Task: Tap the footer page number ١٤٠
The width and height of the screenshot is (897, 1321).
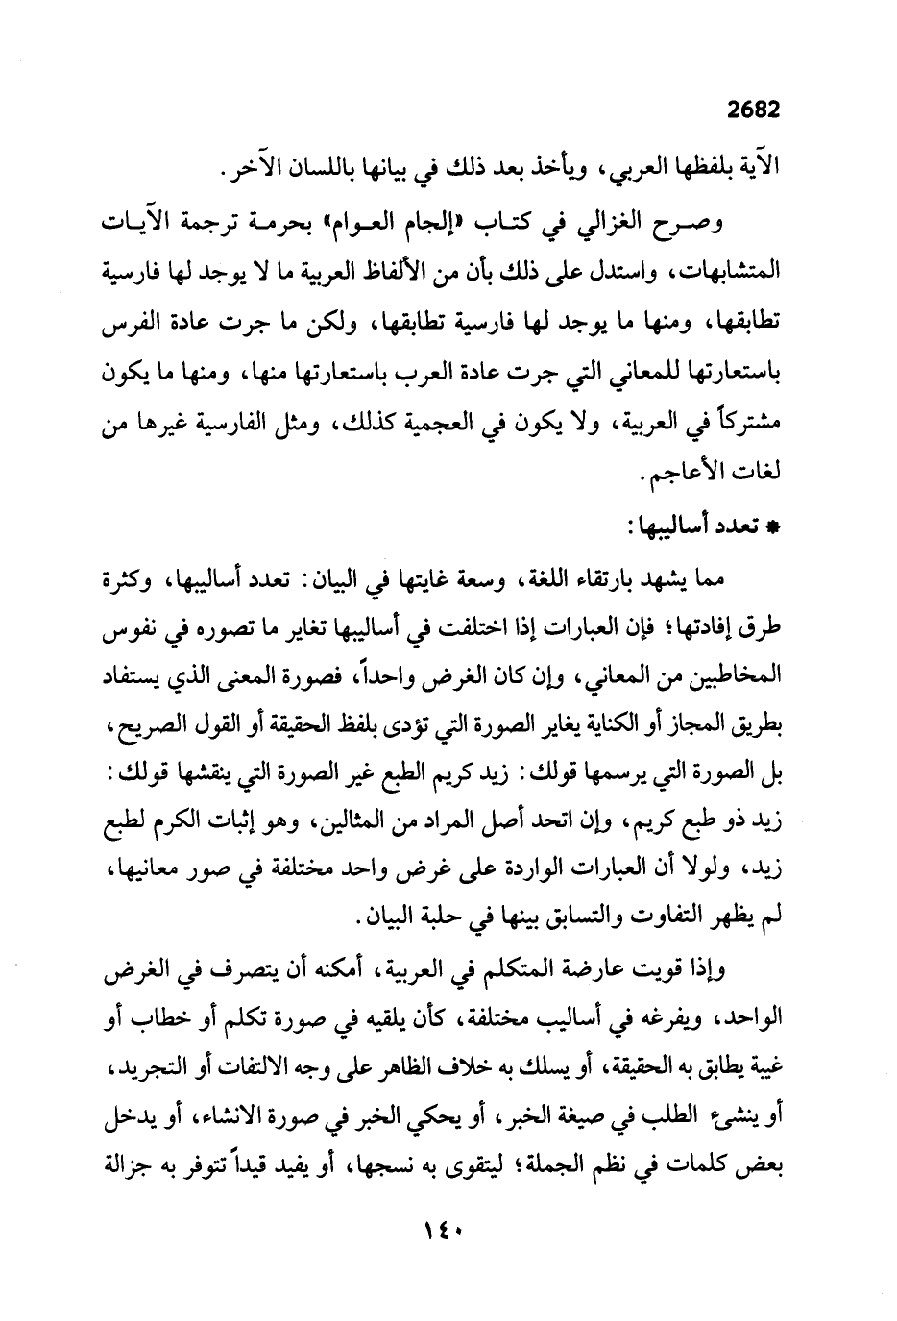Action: [x=449, y=1253]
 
